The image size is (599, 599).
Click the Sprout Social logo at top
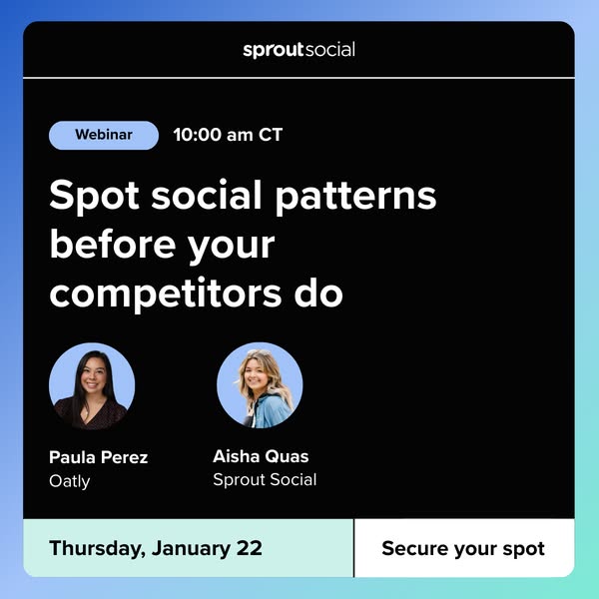tap(299, 49)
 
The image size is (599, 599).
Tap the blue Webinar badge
tap(104, 135)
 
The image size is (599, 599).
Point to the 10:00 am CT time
tap(228, 135)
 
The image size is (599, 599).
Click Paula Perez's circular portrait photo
tap(92, 385)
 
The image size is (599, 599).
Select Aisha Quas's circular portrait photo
tap(260, 385)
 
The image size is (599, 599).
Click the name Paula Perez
tap(99, 457)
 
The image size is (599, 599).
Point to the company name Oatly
tap(70, 481)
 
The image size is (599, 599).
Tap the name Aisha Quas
tap(261, 456)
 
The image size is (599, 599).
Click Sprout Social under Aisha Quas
tap(265, 479)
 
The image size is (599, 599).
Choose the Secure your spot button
tap(463, 548)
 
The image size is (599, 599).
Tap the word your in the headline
tap(228, 245)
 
